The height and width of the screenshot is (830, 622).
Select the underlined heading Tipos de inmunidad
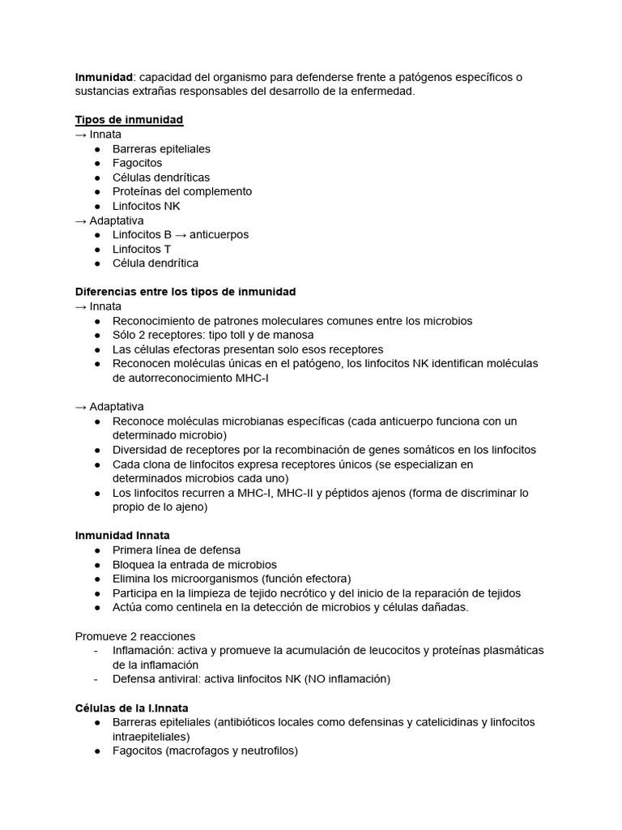(x=129, y=120)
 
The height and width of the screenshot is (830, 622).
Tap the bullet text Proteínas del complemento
(x=182, y=191)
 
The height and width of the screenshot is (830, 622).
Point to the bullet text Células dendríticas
(x=161, y=178)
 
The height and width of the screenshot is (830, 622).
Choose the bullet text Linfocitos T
(x=142, y=249)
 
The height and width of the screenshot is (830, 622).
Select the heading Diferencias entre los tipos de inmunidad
(x=185, y=291)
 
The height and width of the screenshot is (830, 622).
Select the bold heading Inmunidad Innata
(x=122, y=536)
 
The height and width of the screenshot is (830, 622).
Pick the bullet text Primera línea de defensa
(x=177, y=550)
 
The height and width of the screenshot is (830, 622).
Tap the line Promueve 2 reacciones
(x=135, y=636)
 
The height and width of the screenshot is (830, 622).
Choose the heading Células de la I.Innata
(x=131, y=708)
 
